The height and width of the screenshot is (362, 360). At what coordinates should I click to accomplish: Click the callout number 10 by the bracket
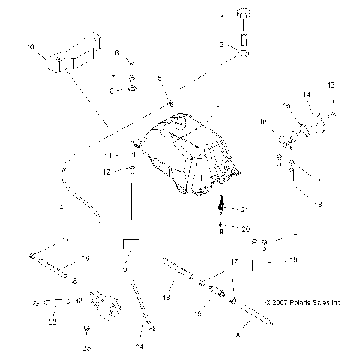[30, 47]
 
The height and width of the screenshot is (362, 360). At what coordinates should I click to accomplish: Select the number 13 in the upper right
[332, 85]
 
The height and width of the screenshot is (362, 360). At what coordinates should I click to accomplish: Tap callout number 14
[306, 95]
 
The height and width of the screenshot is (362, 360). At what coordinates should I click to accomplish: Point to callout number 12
[107, 172]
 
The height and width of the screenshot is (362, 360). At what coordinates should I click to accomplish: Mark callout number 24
[139, 346]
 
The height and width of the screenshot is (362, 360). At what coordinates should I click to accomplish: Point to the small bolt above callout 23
[88, 328]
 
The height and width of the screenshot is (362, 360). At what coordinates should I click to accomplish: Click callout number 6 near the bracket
[116, 52]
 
